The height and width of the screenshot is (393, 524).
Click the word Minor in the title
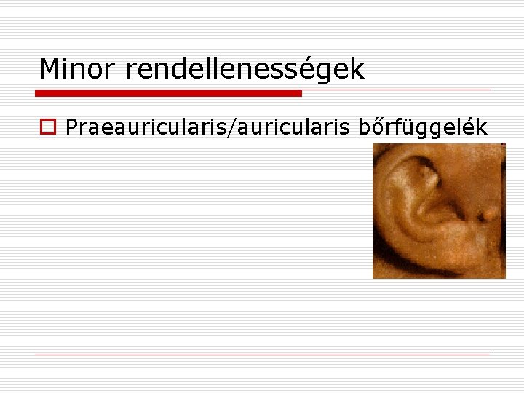pos(79,70)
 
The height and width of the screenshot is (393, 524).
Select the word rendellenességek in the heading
pos(245,70)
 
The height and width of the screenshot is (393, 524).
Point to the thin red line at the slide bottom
pos(262,354)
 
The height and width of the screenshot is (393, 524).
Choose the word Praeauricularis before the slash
pos(146,127)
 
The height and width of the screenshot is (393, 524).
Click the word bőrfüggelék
pos(422,127)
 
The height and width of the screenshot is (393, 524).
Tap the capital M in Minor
pos(49,70)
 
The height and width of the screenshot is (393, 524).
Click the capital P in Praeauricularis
pos(71,127)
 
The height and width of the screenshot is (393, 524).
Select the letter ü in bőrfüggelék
pos(410,127)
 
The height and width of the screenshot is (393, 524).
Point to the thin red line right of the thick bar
pos(397,90)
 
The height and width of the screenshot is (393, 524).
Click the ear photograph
pos(439,211)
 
